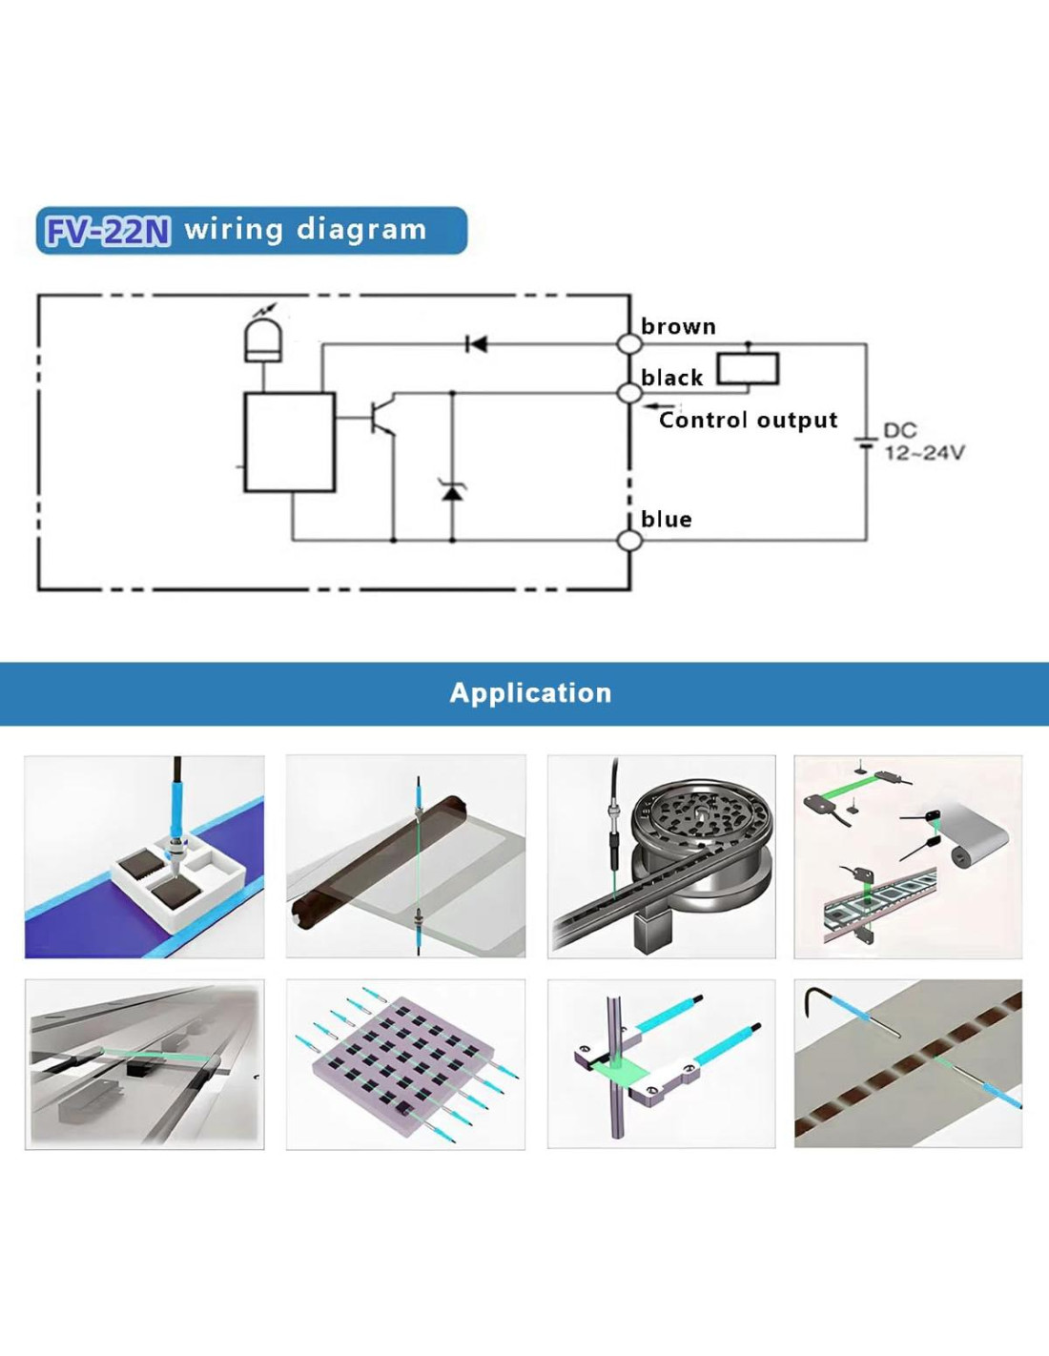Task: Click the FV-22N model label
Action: coord(108,231)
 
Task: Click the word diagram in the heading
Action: coord(361,230)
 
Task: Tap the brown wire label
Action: coord(678,326)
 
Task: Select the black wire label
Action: coord(671,378)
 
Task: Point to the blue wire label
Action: coord(666,520)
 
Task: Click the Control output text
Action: coord(748,421)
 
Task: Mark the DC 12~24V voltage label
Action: coord(922,442)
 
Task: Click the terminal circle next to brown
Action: coord(628,344)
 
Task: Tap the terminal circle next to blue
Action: coord(629,541)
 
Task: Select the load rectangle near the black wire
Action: coord(748,368)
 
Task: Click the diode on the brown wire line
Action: coord(477,343)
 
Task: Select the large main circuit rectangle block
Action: coord(289,442)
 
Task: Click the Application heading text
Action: coord(530,693)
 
